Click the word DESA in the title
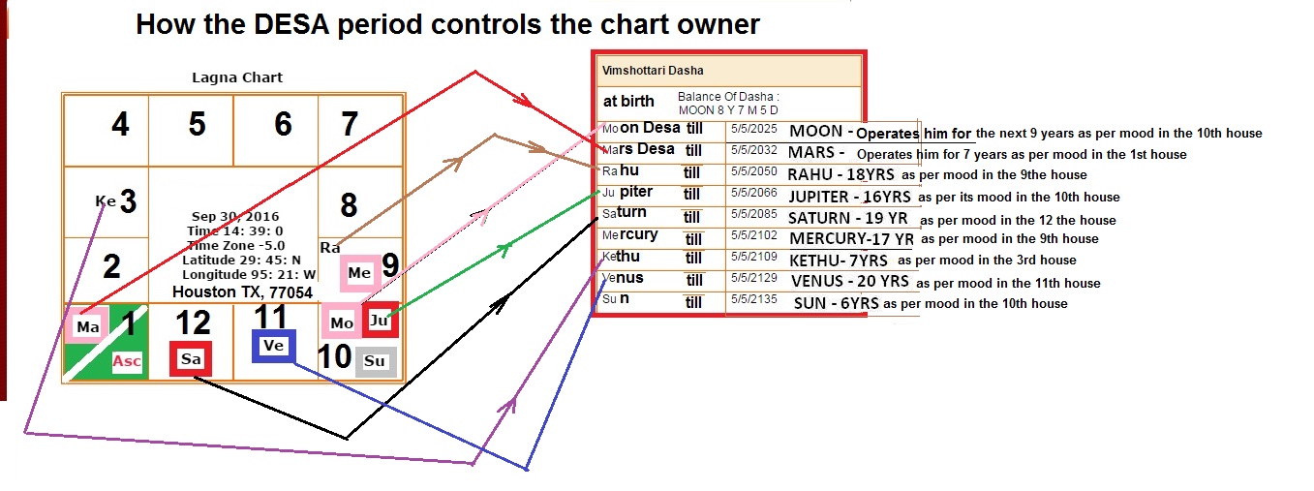click(x=291, y=24)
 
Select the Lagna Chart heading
click(x=237, y=77)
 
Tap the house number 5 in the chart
click(x=198, y=124)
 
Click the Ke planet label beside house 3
click(x=106, y=201)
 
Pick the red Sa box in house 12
click(x=191, y=359)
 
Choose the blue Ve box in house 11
click(x=273, y=346)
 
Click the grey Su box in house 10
click(x=375, y=361)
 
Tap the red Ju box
click(x=379, y=321)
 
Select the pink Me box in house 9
click(x=359, y=273)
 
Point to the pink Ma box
click(x=87, y=326)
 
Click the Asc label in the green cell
click(x=127, y=361)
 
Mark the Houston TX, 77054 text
click(x=242, y=292)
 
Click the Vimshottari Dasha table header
click(x=653, y=71)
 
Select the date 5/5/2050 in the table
click(x=753, y=171)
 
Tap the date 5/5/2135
click(x=753, y=298)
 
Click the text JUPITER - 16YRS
click(x=849, y=197)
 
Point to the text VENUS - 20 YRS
click(x=849, y=281)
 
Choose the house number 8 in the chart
click(x=349, y=204)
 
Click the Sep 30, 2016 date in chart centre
click(x=235, y=217)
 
